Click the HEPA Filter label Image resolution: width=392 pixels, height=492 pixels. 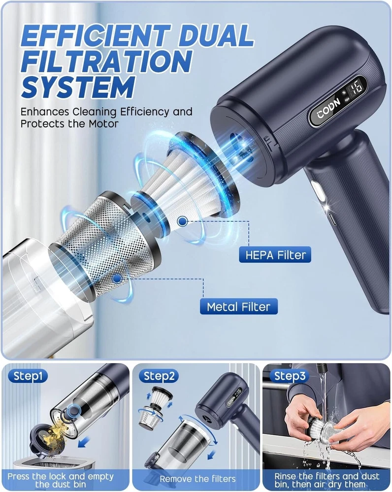tap(275, 254)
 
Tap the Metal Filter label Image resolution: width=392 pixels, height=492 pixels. tap(239, 306)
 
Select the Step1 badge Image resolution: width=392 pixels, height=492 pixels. tap(28, 376)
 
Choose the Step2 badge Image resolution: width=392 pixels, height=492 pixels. tap(159, 376)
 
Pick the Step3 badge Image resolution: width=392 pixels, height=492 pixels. tap(290, 376)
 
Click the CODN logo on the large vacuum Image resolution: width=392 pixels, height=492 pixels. tap(329, 109)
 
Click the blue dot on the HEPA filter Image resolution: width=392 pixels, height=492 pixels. tap(182, 221)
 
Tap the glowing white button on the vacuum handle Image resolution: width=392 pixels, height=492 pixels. tap(318, 191)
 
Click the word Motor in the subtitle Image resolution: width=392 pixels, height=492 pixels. tap(103, 123)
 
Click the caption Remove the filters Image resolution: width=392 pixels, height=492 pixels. tap(197, 479)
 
